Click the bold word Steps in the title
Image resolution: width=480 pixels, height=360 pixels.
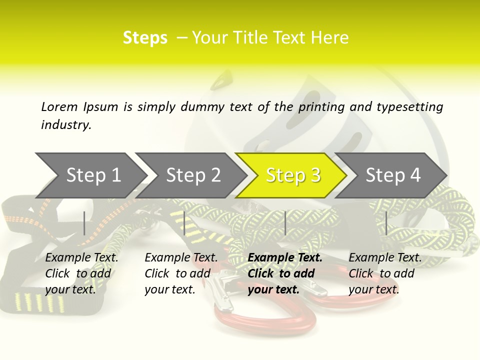click(x=145, y=38)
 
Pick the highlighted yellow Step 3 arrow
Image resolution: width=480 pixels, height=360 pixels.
click(x=293, y=175)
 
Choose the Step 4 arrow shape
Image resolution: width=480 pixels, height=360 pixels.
click(x=393, y=175)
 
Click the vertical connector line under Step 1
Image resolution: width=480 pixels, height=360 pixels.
click(x=84, y=223)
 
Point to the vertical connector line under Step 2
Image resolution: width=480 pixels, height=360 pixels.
click(x=184, y=223)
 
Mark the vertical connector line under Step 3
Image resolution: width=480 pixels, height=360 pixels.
click(x=285, y=223)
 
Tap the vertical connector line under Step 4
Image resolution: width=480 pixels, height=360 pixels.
click(x=386, y=223)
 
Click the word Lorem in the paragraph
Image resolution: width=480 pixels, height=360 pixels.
click(x=59, y=106)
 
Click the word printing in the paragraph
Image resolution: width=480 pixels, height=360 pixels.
click(x=322, y=107)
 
